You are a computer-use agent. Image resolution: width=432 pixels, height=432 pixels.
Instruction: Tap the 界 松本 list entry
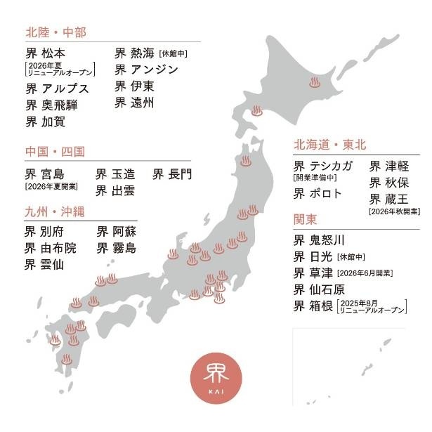pos(48,53)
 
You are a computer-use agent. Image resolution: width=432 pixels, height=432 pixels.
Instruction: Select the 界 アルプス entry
pos(58,89)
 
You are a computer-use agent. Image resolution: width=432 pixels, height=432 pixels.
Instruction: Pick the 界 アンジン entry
pos(146,70)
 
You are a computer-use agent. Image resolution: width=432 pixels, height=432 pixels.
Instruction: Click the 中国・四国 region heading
pos(55,151)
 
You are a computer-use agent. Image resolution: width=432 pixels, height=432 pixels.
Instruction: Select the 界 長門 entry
pos(172,173)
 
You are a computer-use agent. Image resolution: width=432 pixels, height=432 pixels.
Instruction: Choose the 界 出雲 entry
pos(115,190)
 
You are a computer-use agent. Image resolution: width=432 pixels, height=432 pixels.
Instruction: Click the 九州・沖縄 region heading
pos(55,211)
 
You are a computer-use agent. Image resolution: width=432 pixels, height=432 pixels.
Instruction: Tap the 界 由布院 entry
pos(51,248)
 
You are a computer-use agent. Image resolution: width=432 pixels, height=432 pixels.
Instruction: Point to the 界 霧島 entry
pos(117,248)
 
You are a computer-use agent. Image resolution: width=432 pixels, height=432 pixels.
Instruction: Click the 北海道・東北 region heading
pos(330,145)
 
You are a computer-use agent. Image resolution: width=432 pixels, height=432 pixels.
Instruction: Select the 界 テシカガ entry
pos(325,166)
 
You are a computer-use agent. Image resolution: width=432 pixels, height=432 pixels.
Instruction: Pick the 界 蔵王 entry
pos(389,199)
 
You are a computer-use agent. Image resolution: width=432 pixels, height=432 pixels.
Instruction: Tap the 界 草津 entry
pos(313,273)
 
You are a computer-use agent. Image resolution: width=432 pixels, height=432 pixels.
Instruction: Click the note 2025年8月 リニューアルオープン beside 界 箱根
pos(372,306)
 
